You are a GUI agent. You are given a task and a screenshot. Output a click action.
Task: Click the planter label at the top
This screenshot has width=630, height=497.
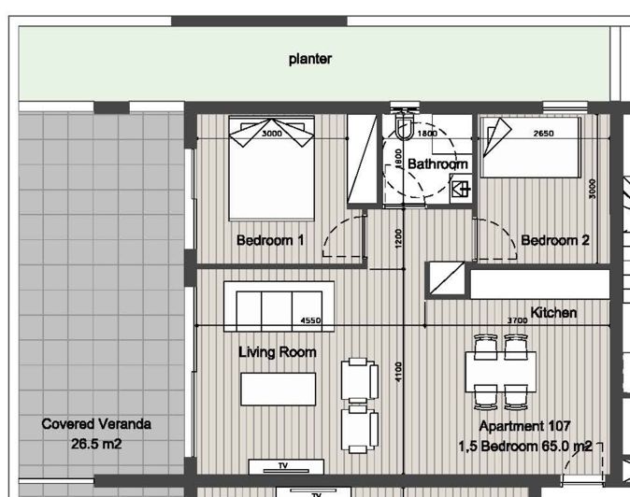(x=310, y=59)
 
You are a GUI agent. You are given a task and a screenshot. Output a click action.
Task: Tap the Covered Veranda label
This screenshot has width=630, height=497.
(x=96, y=424)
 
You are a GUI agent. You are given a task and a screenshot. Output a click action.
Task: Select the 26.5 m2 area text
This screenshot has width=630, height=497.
(x=96, y=444)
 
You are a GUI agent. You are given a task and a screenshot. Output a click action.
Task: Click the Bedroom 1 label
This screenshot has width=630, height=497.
(x=270, y=240)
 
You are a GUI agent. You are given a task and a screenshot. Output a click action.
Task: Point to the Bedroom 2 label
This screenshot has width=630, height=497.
(x=555, y=240)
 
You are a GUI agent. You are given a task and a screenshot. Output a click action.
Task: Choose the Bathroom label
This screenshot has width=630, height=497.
(x=437, y=163)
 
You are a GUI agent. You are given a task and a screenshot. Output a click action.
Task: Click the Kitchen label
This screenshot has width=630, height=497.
(x=553, y=312)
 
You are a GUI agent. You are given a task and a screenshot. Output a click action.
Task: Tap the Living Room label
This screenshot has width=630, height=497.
(x=278, y=352)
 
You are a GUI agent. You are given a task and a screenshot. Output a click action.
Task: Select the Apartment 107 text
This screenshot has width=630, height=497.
(x=524, y=426)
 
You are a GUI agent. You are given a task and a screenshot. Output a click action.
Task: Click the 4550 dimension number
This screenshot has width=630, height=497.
(x=310, y=320)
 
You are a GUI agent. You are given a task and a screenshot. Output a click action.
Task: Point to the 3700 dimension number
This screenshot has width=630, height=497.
(x=517, y=320)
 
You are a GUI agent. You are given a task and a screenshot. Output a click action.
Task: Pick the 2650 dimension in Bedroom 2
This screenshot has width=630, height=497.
(x=544, y=134)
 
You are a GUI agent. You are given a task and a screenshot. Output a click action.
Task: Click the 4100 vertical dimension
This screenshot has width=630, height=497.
(x=398, y=372)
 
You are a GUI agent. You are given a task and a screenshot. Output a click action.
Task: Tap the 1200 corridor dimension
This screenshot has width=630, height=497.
(x=398, y=238)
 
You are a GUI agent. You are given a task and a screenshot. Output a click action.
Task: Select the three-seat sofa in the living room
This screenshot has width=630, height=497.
(x=279, y=306)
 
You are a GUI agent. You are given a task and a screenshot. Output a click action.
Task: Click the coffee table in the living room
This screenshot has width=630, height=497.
(x=278, y=389)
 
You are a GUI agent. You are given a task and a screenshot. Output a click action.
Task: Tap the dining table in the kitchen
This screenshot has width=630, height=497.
(x=501, y=372)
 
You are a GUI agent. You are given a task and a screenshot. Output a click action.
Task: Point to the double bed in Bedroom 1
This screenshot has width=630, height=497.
(x=272, y=168)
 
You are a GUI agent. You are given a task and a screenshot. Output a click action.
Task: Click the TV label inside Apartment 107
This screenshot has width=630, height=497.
(x=283, y=465)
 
